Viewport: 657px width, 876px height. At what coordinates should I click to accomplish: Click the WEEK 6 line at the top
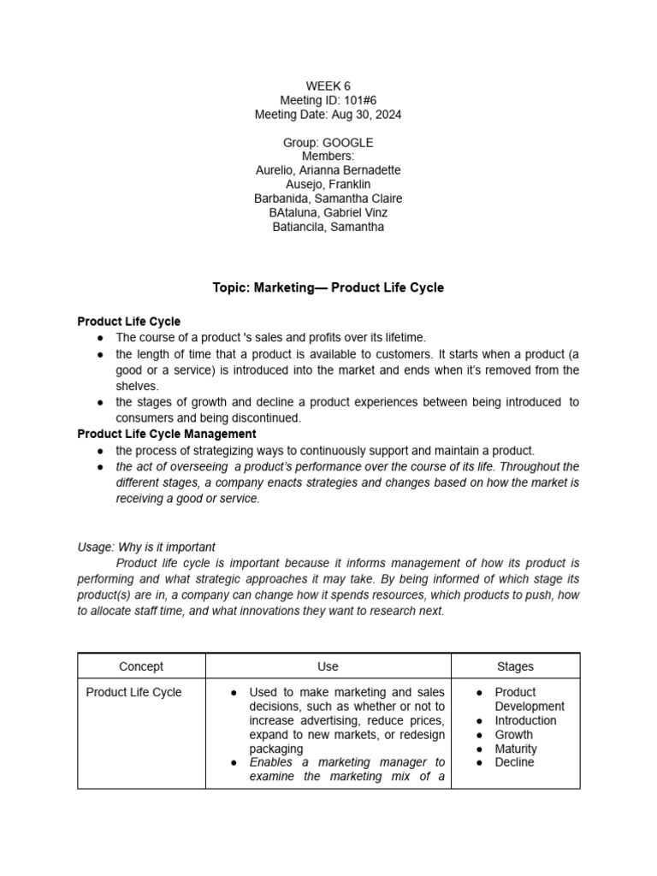328,86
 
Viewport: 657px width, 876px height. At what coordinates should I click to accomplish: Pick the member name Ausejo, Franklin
328,184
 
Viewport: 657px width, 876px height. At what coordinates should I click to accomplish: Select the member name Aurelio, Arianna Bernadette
328,170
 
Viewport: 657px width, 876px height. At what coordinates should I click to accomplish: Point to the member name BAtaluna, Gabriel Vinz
328,212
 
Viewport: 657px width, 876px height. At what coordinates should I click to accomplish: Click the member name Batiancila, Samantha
328,227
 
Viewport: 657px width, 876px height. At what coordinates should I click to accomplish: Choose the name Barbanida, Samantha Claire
328,198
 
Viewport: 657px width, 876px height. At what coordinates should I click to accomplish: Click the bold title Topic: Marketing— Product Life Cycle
328,287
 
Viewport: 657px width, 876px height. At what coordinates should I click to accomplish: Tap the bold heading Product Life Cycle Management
167,434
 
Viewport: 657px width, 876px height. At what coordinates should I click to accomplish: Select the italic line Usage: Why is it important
146,547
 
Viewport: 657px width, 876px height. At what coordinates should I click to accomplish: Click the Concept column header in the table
141,666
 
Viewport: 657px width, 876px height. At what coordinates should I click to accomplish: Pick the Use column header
328,666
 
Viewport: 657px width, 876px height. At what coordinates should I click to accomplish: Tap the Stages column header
515,666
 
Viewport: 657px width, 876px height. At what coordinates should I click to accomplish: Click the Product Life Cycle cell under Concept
134,692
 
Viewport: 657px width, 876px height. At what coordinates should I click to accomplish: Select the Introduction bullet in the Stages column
525,720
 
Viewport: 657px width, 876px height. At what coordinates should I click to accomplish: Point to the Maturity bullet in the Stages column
516,749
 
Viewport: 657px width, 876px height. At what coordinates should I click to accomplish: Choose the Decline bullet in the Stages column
514,762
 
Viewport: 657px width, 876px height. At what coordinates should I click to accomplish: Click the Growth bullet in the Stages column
513,734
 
